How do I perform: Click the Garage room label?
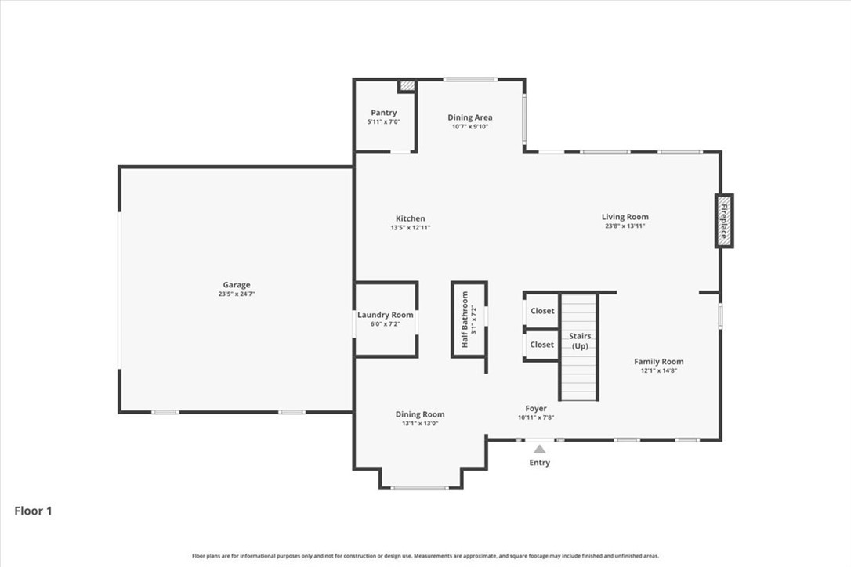point(236,285)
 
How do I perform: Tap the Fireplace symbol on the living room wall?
point(724,221)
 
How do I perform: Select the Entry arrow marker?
point(539,449)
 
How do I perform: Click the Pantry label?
point(384,113)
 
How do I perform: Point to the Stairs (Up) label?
point(580,341)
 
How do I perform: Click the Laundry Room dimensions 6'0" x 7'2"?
point(385,324)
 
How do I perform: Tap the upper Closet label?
point(541,311)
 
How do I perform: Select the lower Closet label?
point(541,345)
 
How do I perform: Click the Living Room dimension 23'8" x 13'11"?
point(625,226)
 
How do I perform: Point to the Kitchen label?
point(411,218)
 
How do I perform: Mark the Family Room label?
point(658,362)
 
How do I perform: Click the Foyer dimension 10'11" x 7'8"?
point(536,417)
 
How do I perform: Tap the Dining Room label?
point(420,414)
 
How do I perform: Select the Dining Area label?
point(470,117)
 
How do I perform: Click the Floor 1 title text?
point(33,511)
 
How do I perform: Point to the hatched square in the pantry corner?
point(407,86)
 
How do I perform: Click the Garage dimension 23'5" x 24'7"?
point(236,294)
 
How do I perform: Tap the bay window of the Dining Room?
point(420,488)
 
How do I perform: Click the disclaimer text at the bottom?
point(426,556)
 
